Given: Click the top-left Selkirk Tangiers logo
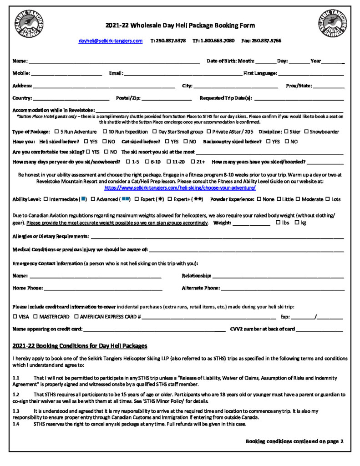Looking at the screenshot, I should (x=29, y=25).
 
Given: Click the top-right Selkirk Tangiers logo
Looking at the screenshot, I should (x=332, y=25).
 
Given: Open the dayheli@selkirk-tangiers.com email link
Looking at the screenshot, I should (x=111, y=41).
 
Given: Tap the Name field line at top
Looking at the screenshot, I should (x=114, y=61).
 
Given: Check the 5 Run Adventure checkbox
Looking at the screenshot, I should (x=56, y=132).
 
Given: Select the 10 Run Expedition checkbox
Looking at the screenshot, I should (x=105, y=132).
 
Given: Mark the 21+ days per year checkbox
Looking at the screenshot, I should (x=193, y=162).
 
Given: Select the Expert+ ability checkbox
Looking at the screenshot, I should (x=170, y=199).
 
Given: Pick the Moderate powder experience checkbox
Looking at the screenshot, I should (x=298, y=199).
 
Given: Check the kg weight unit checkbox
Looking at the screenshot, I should (x=297, y=223).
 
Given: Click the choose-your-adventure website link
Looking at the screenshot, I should (x=180, y=187).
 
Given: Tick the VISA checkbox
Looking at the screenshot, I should (x=15, y=316).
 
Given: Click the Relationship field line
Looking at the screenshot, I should (x=278, y=276).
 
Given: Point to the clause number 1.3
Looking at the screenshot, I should (x=16, y=411).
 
